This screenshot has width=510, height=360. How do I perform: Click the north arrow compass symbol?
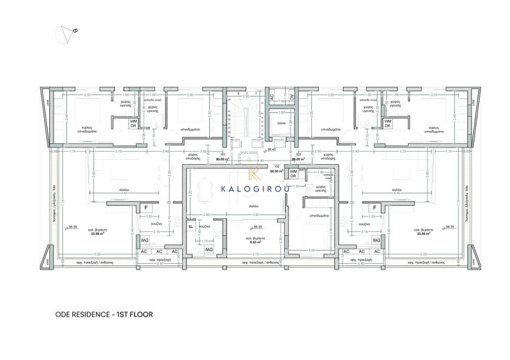(67, 31)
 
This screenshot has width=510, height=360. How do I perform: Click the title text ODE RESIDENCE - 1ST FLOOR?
(104, 315)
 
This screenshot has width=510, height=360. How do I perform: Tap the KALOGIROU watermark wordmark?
(255, 190)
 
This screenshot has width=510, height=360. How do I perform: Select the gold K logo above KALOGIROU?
(255, 173)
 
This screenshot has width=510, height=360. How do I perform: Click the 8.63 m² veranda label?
(252, 241)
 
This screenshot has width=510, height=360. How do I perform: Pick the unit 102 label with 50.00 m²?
(276, 170)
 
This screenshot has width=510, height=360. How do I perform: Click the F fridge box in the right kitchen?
(374, 208)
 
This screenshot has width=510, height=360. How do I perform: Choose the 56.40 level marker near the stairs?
(272, 150)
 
